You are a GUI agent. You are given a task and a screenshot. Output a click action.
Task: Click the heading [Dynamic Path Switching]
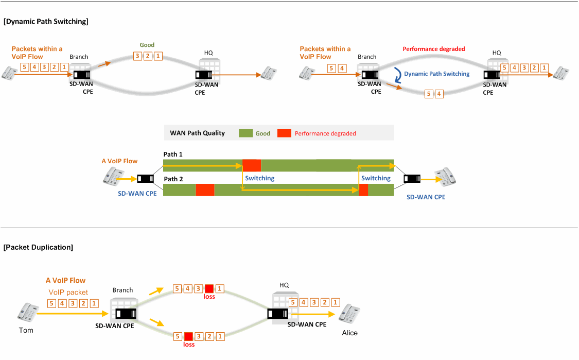[x=46, y=22]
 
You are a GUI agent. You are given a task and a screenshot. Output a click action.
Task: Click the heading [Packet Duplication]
[x=38, y=247]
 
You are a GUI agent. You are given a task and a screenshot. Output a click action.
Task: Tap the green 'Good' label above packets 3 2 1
[x=147, y=45]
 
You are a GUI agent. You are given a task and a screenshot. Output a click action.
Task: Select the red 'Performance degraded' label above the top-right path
[x=433, y=49]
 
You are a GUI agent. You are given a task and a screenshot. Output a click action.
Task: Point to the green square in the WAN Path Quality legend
[x=245, y=133]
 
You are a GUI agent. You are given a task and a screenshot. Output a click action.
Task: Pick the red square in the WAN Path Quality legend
[x=284, y=133]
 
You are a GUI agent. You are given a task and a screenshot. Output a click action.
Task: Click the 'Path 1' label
[x=173, y=154]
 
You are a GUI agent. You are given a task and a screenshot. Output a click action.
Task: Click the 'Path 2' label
[x=173, y=179]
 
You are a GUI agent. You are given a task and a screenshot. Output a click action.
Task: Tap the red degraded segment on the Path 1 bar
[x=252, y=165]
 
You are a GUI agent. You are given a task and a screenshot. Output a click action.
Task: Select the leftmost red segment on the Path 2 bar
[x=205, y=190]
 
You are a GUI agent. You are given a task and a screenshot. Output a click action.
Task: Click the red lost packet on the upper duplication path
[x=209, y=288]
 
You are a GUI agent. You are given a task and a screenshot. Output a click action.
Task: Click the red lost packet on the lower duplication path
[x=188, y=336]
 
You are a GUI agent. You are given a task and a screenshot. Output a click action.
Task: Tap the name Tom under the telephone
[x=26, y=330]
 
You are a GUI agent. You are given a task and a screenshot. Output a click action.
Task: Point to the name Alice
[x=349, y=333]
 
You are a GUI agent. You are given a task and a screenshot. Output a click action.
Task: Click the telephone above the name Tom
[x=28, y=312]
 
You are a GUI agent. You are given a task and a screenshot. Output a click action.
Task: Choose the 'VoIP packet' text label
[x=68, y=292]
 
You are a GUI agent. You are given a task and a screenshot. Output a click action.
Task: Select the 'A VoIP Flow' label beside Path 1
[x=119, y=161]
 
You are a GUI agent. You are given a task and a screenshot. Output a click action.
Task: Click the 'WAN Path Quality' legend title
[x=197, y=133]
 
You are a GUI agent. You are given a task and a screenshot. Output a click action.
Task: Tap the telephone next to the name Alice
[x=349, y=314]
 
